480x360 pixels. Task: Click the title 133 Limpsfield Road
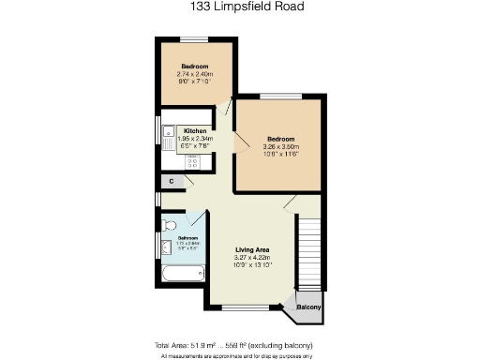click(239, 7)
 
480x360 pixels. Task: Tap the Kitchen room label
click(195, 130)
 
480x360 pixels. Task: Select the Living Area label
click(251, 249)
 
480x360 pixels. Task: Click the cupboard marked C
click(171, 180)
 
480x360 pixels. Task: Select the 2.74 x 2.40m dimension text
click(195, 74)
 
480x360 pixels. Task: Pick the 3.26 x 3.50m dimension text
click(280, 147)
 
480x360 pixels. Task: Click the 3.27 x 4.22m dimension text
click(251, 257)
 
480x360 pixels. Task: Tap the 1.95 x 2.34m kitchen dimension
click(195, 139)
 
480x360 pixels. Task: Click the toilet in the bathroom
click(170, 226)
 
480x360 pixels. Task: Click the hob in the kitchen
click(195, 160)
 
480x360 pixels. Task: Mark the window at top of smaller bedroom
click(195, 38)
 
